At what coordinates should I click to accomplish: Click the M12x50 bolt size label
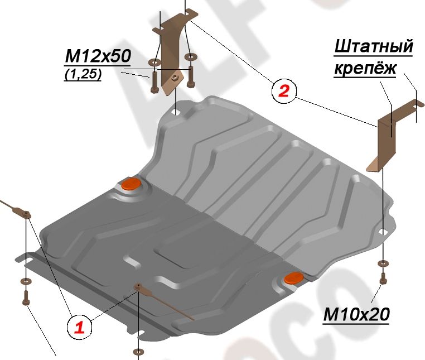pyautogui.click(x=98, y=56)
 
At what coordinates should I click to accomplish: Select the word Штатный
pyautogui.click(x=373, y=47)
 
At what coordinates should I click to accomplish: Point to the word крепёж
pyautogui.click(x=365, y=69)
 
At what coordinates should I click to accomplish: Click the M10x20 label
pyautogui.click(x=356, y=315)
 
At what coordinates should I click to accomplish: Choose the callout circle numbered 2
pyautogui.click(x=283, y=91)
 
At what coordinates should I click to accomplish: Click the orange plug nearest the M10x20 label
pyautogui.click(x=293, y=277)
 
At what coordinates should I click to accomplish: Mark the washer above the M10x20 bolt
pyautogui.click(x=381, y=263)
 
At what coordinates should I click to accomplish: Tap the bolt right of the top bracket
pyautogui.click(x=191, y=75)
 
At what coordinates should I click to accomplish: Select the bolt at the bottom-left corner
pyautogui.click(x=25, y=297)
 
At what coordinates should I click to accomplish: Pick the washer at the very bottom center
pyautogui.click(x=137, y=352)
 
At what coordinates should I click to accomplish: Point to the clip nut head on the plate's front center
pyautogui.click(x=137, y=287)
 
